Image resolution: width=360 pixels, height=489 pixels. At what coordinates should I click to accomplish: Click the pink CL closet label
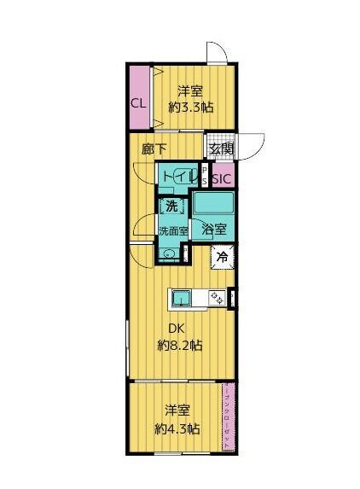(137, 103)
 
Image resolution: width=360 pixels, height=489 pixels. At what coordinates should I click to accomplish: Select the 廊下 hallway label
(154, 146)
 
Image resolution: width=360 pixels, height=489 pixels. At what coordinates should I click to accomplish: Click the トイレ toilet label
(178, 177)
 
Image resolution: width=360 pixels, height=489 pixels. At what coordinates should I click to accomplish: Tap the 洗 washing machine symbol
(171, 207)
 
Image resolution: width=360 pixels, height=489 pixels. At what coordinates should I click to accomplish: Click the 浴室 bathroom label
(214, 229)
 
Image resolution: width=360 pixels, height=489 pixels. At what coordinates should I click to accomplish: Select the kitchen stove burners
(218, 297)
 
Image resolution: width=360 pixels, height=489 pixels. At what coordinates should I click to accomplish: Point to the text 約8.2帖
(180, 346)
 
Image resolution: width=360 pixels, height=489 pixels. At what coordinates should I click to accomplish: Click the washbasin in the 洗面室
(171, 253)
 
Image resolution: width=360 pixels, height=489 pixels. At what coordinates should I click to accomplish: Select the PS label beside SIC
(205, 176)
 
